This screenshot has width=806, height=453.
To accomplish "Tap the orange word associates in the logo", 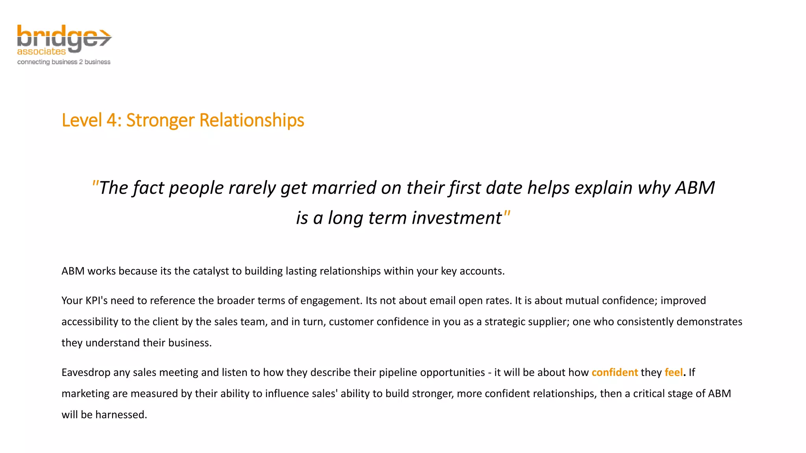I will [41, 52].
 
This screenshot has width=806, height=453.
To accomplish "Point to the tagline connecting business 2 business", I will [64, 62].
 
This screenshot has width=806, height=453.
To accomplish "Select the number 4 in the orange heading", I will [111, 120].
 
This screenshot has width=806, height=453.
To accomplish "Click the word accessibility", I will [90, 322].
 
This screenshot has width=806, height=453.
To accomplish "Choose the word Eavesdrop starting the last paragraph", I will [86, 373].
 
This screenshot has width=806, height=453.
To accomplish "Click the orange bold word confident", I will [614, 373].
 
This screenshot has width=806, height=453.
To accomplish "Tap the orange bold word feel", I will [674, 373].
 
